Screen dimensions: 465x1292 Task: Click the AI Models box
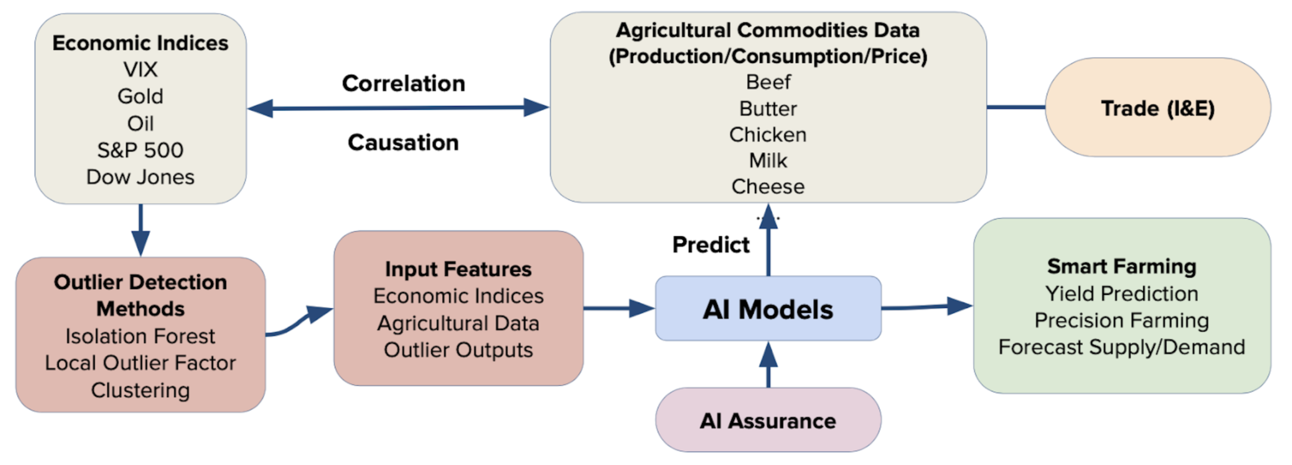[x=768, y=309]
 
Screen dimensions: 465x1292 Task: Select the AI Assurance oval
[x=768, y=421]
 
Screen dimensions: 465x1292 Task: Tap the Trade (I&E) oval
[x=1158, y=108]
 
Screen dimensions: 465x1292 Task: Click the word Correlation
[x=403, y=84]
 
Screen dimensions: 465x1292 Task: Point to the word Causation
[x=403, y=142]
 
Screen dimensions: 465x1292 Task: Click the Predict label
[x=710, y=245]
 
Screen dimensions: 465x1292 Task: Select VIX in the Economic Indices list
[x=140, y=69]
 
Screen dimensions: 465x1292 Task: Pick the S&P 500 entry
[x=140, y=150]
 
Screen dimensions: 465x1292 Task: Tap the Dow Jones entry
[x=140, y=177]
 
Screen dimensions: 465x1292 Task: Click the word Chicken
[x=768, y=134]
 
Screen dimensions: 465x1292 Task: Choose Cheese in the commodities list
[x=768, y=187]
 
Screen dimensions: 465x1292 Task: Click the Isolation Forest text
[x=140, y=336]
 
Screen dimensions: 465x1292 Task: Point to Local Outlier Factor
[x=140, y=363]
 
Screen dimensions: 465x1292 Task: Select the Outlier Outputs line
[x=458, y=350]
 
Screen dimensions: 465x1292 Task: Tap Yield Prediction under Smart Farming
[x=1122, y=294]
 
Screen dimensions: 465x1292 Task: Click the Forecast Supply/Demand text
[x=1122, y=347]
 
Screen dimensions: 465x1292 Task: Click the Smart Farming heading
[x=1122, y=266]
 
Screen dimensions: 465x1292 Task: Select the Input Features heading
[x=458, y=269]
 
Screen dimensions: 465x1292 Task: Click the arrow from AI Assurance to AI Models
[x=768, y=365]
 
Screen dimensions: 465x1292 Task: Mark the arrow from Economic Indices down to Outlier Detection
[x=140, y=229]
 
